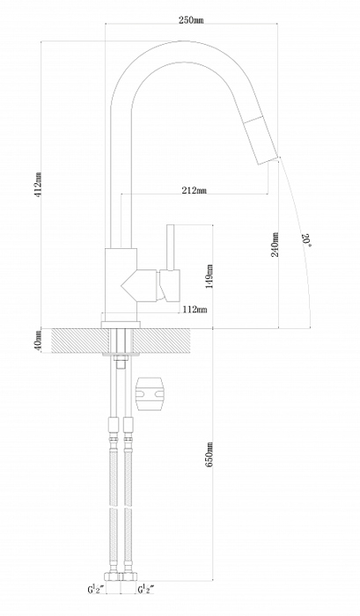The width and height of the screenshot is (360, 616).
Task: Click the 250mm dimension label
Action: pyautogui.click(x=191, y=20)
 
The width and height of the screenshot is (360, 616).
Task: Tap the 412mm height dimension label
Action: pyautogui.click(x=39, y=185)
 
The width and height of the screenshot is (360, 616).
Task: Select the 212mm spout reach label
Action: pyautogui.click(x=195, y=191)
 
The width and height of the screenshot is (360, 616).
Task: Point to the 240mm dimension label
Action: pyautogui.click(x=276, y=245)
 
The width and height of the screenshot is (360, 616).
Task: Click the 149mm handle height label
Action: pyautogui.click(x=209, y=276)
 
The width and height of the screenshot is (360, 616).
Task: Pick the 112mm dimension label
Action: pyautogui.click(x=195, y=310)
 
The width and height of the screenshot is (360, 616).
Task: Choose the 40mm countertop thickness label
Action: pyautogui.click(x=38, y=341)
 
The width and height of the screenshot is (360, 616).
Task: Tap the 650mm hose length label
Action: pyautogui.click(x=209, y=455)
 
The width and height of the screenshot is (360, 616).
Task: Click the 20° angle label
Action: pyautogui.click(x=306, y=240)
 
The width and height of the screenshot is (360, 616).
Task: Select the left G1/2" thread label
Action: pyautogui.click(x=96, y=590)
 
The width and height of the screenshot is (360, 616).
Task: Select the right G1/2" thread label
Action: pyautogui.click(x=146, y=590)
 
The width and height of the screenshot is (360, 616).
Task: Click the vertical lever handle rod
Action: pyautogui.click(x=171, y=247)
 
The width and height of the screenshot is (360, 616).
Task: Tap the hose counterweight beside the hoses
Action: pyautogui.click(x=149, y=394)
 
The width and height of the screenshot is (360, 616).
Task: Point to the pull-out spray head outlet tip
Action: pyautogui.click(x=268, y=161)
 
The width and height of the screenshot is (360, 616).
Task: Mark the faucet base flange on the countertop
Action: pyautogui.click(x=121, y=325)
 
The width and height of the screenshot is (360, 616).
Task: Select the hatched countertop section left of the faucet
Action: pyautogui.click(x=76, y=341)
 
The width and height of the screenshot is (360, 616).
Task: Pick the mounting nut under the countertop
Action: pyautogui.click(x=121, y=357)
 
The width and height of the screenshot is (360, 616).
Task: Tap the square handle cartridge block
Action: pyautogui.click(x=170, y=286)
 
